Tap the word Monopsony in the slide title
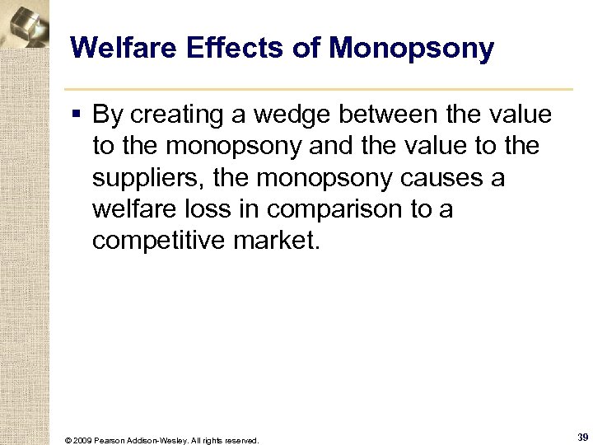tap(411, 49)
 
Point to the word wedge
tap(277, 115)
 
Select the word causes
tap(423, 178)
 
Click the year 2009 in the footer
tap(83, 440)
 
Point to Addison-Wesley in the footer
tap(162, 440)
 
